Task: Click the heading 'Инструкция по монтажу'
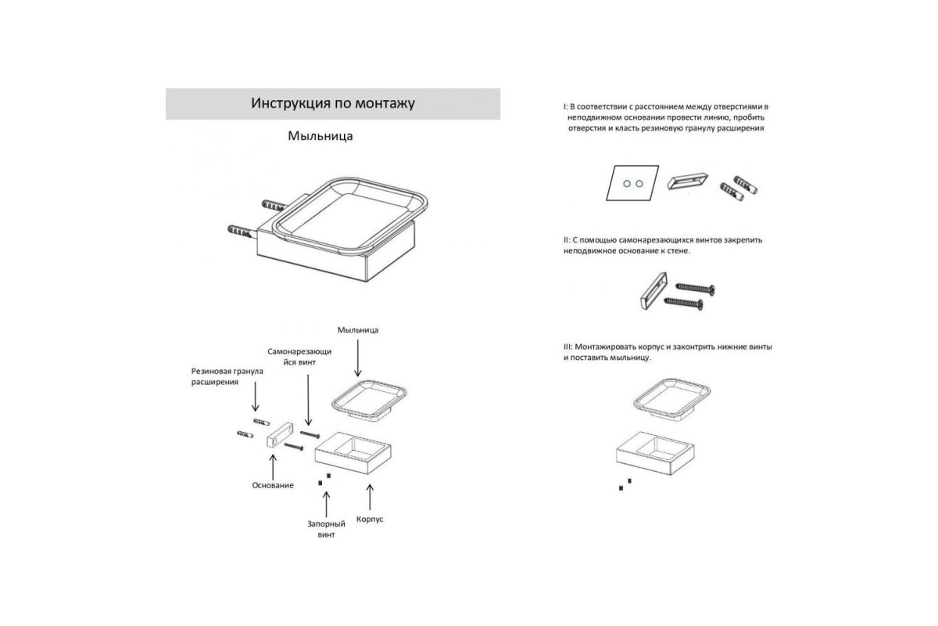pos(333,103)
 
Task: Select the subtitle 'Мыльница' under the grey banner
pos(320,136)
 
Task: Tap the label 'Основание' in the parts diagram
pos(273,485)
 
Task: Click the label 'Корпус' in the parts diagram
pos(370,520)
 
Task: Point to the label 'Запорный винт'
pos(326,529)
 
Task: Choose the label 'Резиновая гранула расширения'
pos(227,376)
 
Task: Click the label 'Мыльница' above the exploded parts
pos(358,330)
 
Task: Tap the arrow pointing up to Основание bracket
pos(273,467)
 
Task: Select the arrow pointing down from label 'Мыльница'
pos(358,358)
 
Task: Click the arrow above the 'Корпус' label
pos(370,497)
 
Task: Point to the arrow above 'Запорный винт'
pos(326,505)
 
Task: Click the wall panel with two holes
pos(632,183)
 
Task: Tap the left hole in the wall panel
pos(627,184)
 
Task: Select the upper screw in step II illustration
pos(695,288)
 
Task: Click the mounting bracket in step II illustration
pos(653,291)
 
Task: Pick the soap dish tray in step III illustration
pos(671,399)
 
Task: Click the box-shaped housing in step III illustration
pos(655,453)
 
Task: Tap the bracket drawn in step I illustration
pos(687,182)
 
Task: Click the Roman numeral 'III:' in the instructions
pos(567,347)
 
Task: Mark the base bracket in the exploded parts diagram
pos(279,435)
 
